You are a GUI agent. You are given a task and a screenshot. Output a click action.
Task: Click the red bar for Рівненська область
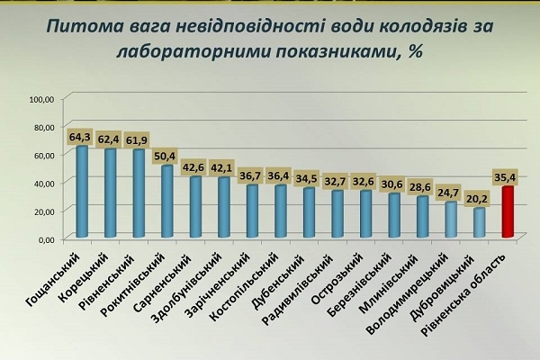508,212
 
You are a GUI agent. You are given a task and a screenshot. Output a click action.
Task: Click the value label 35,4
508,177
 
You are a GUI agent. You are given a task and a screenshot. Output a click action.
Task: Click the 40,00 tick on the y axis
44,183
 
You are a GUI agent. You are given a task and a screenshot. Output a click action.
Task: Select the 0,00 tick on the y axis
46,239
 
